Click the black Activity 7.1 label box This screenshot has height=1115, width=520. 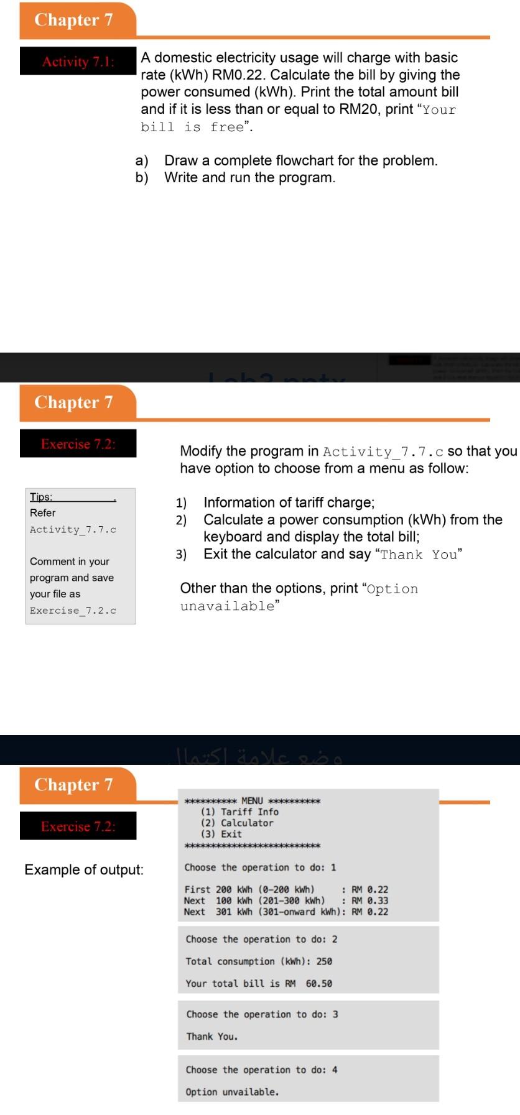pyautogui.click(x=78, y=61)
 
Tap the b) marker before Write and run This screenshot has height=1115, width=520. pyautogui.click(x=142, y=178)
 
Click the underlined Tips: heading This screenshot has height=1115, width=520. pyautogui.click(x=41, y=497)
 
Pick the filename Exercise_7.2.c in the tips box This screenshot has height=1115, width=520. pyautogui.click(x=73, y=611)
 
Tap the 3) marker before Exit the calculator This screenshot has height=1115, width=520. pyautogui.click(x=181, y=554)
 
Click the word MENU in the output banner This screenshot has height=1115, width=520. pyautogui.click(x=252, y=801)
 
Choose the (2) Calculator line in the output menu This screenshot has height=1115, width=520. pyautogui.click(x=236, y=823)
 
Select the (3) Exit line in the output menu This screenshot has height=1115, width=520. pyautogui.click(x=221, y=835)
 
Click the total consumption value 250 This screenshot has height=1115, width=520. pyautogui.click(x=324, y=961)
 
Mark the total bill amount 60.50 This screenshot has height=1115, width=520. pyautogui.click(x=318, y=984)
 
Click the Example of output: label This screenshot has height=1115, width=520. pyautogui.click(x=84, y=869)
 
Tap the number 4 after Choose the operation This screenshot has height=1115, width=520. pyautogui.click(x=335, y=1070)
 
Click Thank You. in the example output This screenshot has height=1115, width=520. pyautogui.click(x=211, y=1037)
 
